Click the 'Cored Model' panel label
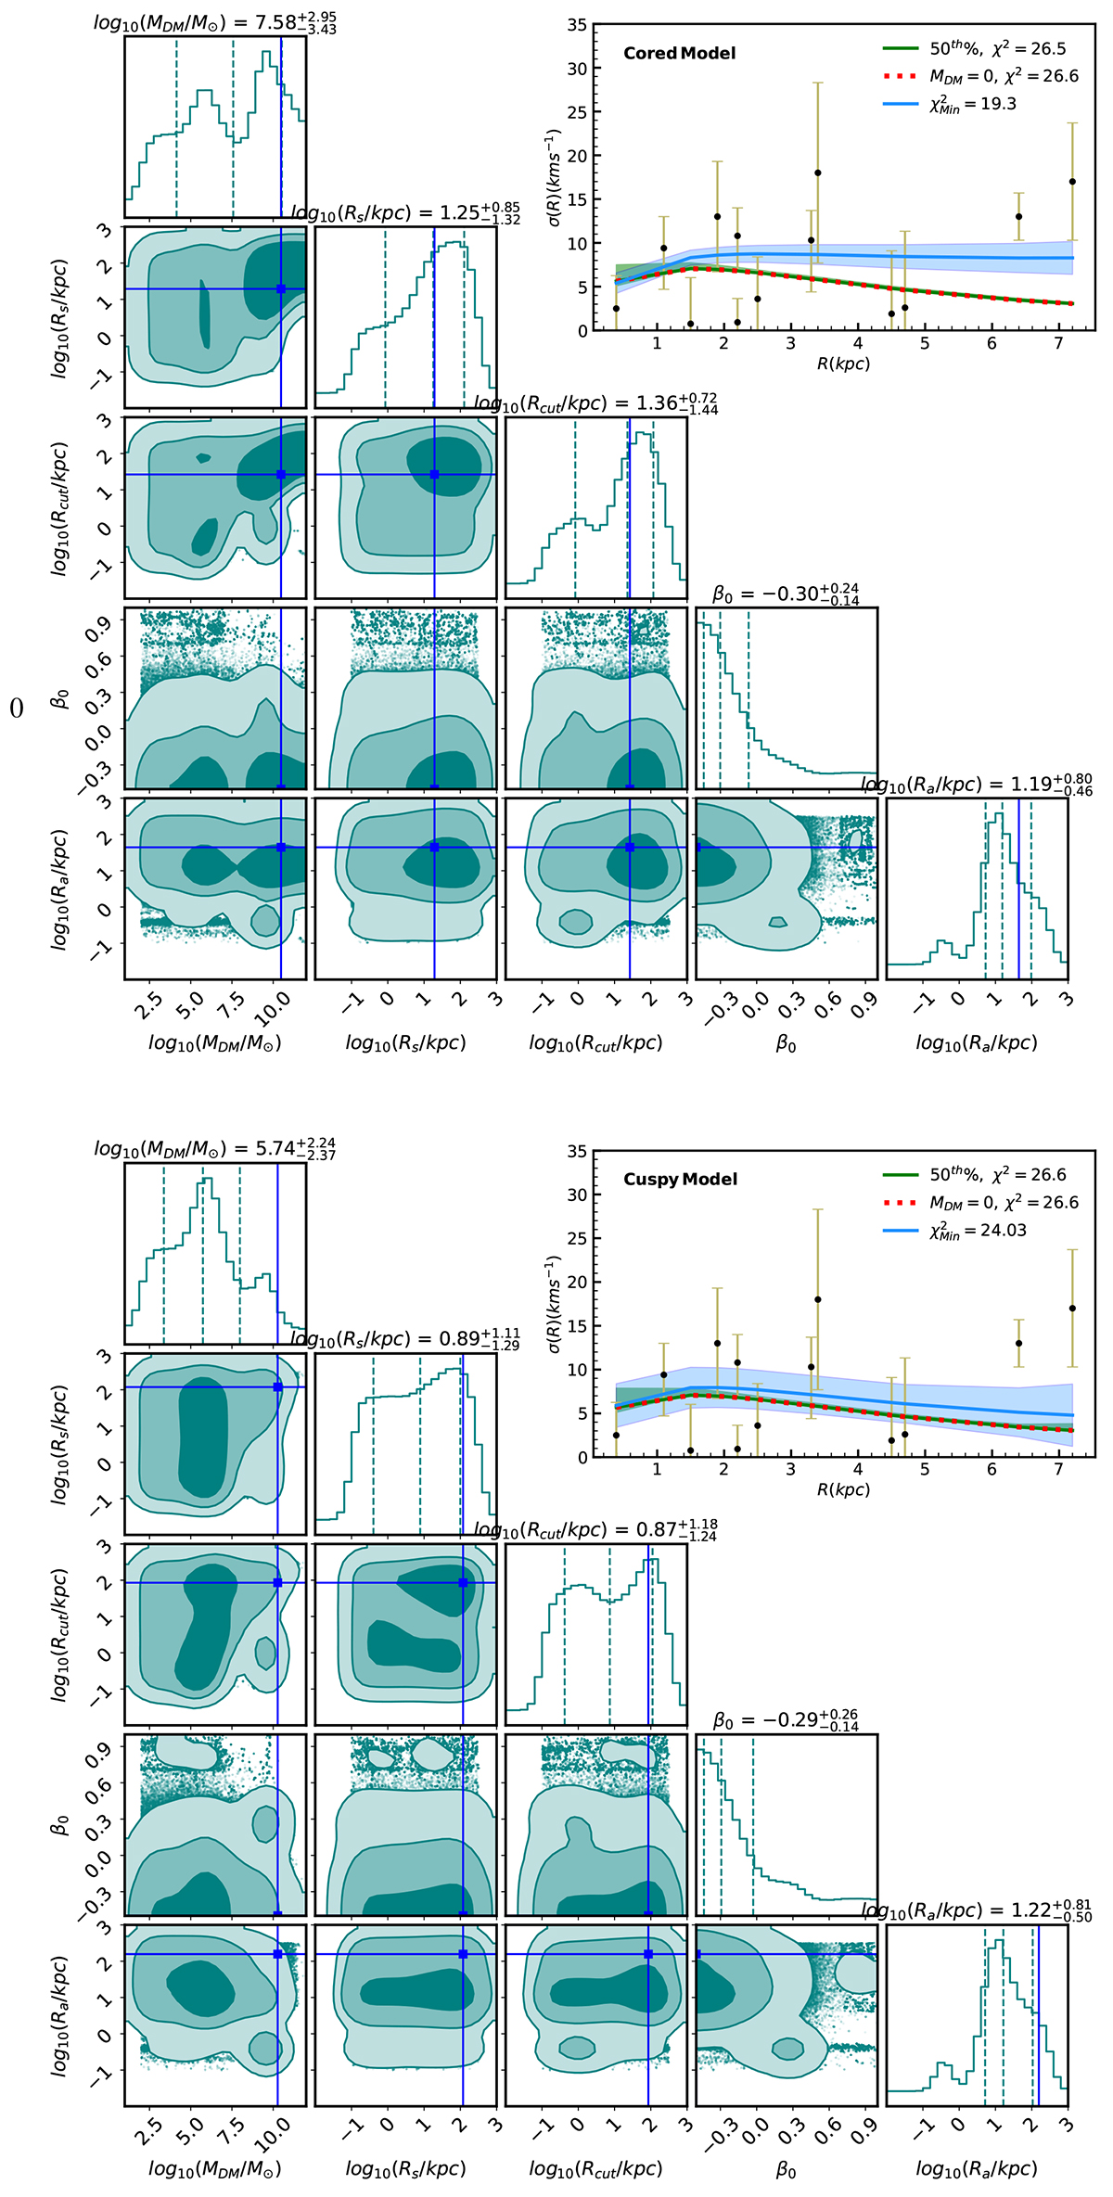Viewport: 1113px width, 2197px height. tap(679, 53)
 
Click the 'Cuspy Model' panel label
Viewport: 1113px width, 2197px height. tap(680, 1179)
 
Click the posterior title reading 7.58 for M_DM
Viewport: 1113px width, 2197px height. tap(214, 22)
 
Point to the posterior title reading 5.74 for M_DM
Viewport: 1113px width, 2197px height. tap(214, 1149)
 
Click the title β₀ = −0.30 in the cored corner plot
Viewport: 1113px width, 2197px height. tap(786, 594)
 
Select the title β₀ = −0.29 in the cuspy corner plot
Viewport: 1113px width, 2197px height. tap(786, 1720)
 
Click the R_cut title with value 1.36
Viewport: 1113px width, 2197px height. tap(595, 404)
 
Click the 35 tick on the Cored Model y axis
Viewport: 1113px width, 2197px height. tap(577, 25)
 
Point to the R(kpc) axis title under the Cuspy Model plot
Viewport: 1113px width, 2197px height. tap(843, 1489)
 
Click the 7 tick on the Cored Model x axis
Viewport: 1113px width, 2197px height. tap(1059, 344)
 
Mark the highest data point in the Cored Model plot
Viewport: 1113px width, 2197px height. tap(817, 172)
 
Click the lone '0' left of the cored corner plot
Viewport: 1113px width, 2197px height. tap(16, 709)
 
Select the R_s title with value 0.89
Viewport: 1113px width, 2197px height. tap(404, 1339)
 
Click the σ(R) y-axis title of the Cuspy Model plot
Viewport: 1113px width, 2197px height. tap(553, 1303)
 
